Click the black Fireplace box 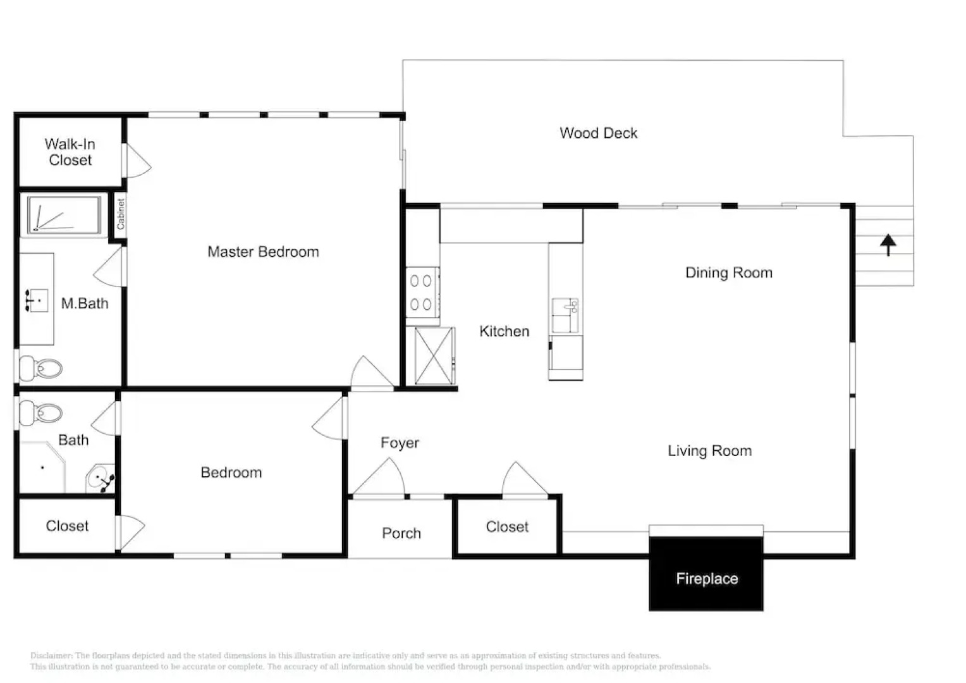pyautogui.click(x=706, y=574)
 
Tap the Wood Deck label pyautogui.click(x=598, y=133)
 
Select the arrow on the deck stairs pyautogui.click(x=888, y=244)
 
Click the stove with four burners pyautogui.click(x=422, y=292)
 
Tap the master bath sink pyautogui.click(x=37, y=300)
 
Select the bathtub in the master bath pyautogui.click(x=63, y=215)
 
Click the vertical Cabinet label pyautogui.click(x=120, y=214)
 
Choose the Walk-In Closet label pyautogui.click(x=70, y=152)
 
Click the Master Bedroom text pyautogui.click(x=263, y=252)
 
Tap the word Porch pyautogui.click(x=401, y=534)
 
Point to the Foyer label pyautogui.click(x=400, y=443)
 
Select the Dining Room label pyautogui.click(x=728, y=273)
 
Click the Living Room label pyautogui.click(x=709, y=452)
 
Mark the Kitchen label pyautogui.click(x=504, y=331)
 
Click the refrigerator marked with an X pyautogui.click(x=434, y=356)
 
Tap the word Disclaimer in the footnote pyautogui.click(x=51, y=656)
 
